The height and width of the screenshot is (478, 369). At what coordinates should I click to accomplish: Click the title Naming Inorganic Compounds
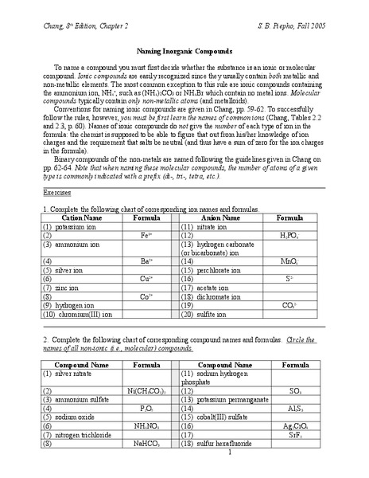click(x=184, y=49)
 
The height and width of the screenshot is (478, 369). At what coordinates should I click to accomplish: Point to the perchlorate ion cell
click(x=213, y=270)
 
